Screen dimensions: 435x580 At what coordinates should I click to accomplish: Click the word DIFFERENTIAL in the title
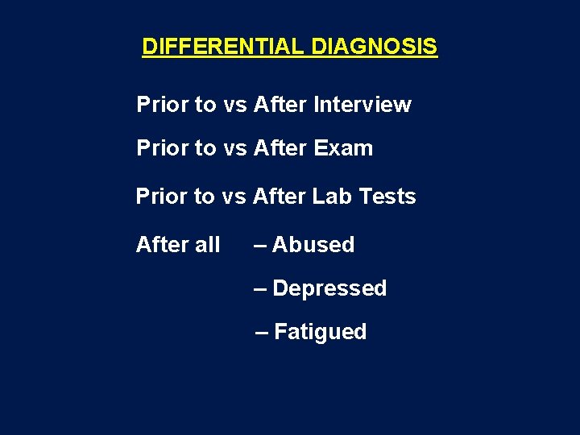pos(223,47)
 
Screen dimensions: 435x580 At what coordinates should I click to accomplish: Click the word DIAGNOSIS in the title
pos(374,47)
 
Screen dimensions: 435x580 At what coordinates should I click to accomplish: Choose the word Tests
pos(389,197)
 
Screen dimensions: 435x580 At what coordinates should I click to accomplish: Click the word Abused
pos(313,245)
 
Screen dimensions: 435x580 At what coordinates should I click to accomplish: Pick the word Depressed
pos(329,288)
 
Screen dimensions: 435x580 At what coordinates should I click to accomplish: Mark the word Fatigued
pos(320,332)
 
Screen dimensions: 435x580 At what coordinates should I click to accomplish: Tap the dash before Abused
pos(260,245)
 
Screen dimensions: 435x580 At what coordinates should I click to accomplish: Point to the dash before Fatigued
pos(262,332)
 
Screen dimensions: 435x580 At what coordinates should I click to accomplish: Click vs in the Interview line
pos(235,105)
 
